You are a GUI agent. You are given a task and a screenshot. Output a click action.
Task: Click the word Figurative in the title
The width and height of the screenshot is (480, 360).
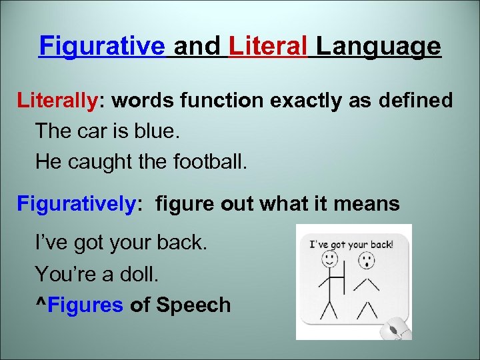pos(102,47)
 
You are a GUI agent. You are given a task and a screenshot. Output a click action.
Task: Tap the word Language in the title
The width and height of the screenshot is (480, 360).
pos(378,47)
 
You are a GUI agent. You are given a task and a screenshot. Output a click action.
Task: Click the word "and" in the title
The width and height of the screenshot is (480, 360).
pos(197,47)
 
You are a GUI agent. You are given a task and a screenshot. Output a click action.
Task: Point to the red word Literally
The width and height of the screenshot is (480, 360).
pos(57,101)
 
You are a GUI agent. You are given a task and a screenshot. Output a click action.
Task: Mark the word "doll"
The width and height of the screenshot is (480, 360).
pos(146,274)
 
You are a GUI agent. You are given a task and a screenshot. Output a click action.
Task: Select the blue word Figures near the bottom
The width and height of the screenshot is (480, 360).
pos(86,305)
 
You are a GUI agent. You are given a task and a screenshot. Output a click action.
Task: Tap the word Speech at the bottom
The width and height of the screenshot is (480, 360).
pos(193,305)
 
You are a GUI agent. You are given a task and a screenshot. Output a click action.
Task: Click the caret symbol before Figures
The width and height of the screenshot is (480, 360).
pos(41,305)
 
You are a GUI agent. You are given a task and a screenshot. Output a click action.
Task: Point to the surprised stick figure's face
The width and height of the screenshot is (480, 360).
pos(365,261)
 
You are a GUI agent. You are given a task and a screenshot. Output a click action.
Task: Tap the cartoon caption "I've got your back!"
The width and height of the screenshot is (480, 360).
pos(352,244)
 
